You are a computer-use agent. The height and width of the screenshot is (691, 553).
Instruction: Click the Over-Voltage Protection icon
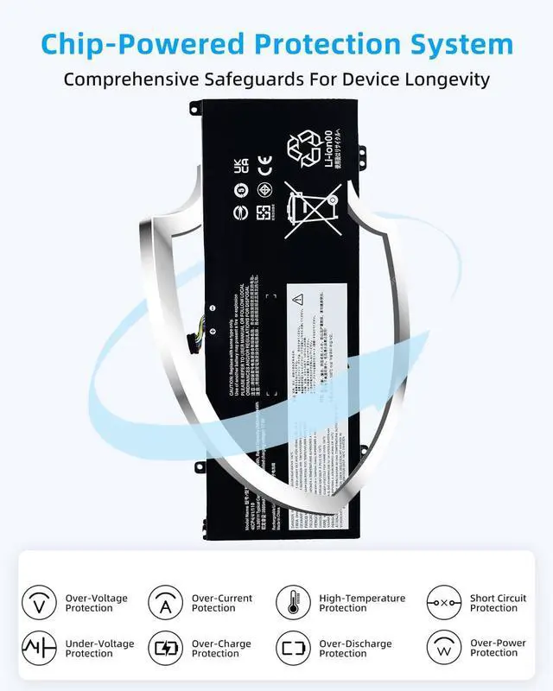(x=39, y=602)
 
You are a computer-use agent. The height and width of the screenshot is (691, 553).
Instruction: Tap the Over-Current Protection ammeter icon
(x=165, y=602)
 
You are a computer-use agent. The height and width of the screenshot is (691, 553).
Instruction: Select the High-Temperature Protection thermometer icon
(x=293, y=602)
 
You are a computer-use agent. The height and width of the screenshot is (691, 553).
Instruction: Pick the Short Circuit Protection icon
(x=444, y=602)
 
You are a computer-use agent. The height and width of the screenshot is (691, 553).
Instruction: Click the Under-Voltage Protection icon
(x=39, y=648)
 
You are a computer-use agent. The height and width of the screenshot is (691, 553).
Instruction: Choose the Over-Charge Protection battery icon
(x=165, y=648)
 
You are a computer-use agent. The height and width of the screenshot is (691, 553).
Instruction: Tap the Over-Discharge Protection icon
(x=293, y=648)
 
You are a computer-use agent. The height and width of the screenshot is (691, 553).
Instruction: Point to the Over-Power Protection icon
(x=444, y=648)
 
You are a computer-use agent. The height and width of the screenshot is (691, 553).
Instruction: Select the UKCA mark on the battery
(x=241, y=165)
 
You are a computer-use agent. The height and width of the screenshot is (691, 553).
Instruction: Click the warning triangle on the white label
(x=297, y=300)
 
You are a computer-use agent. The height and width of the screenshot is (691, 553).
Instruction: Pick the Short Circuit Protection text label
(x=498, y=603)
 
